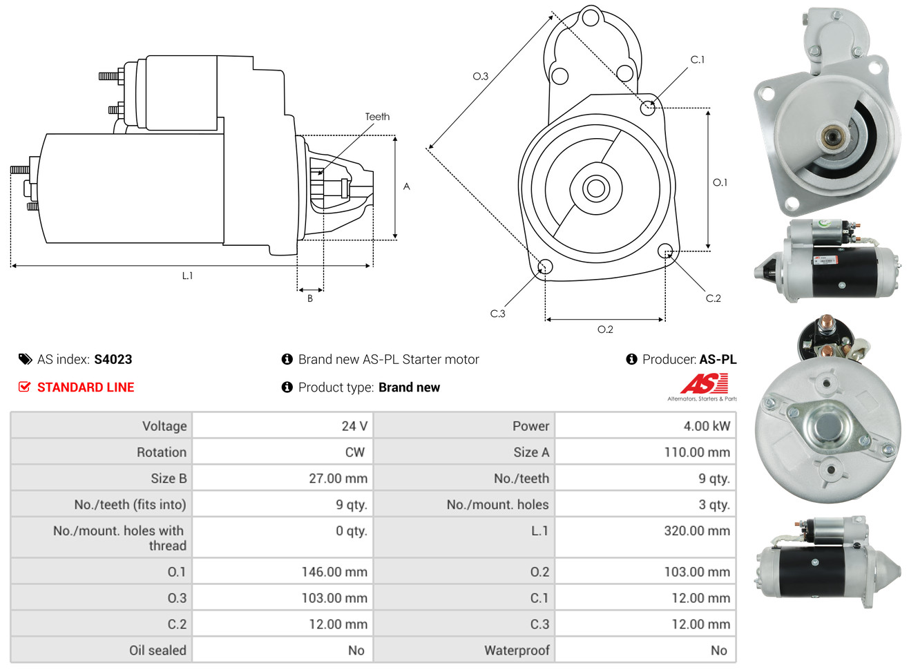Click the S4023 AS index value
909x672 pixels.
[x=113, y=359]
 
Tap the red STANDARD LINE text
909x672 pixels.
[x=85, y=387]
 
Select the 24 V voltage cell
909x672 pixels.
[x=354, y=426]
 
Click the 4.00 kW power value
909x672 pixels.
[x=706, y=426]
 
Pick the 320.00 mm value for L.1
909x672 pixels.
[x=696, y=531]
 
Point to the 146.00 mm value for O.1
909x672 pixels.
[x=334, y=572]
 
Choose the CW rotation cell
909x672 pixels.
[x=354, y=452]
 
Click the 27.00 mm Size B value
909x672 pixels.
[x=338, y=479]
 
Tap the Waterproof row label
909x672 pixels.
[x=517, y=651]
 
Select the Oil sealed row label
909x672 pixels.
[x=157, y=651]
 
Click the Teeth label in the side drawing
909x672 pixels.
[x=377, y=117]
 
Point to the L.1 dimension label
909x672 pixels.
[x=187, y=276]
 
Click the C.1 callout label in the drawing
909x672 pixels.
[x=698, y=59]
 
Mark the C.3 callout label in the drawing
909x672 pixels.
[x=497, y=314]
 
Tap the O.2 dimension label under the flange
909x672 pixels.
[x=605, y=329]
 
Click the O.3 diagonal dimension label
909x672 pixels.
[x=480, y=76]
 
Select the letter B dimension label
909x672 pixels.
[x=310, y=298]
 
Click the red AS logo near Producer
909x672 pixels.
[x=704, y=384]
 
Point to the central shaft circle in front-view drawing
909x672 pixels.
[x=595, y=188]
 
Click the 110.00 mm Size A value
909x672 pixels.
[x=696, y=452]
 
